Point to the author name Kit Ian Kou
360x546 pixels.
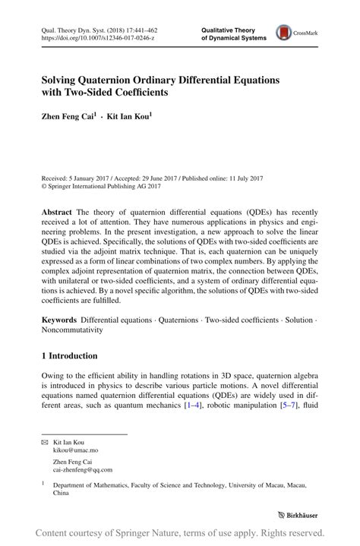click(129, 118)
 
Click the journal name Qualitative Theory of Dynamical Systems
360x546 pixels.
click(232, 32)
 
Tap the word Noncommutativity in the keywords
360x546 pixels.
click(74, 331)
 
